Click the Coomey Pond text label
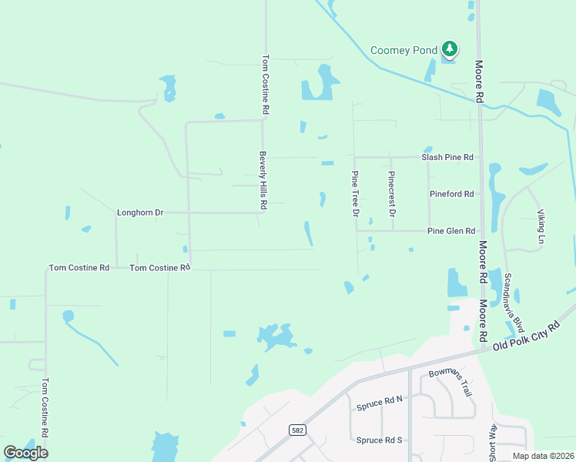(x=404, y=50)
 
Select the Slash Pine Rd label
(x=447, y=157)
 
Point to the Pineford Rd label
(x=451, y=194)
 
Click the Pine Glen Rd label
(x=451, y=231)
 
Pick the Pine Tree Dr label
(x=356, y=193)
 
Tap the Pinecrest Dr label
(x=392, y=193)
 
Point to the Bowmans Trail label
(x=450, y=383)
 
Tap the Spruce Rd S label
(x=380, y=440)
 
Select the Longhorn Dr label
(x=140, y=213)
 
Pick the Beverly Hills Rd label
(x=263, y=180)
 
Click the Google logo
(x=26, y=452)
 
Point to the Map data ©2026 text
(x=543, y=456)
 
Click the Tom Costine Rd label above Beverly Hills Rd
(x=266, y=85)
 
